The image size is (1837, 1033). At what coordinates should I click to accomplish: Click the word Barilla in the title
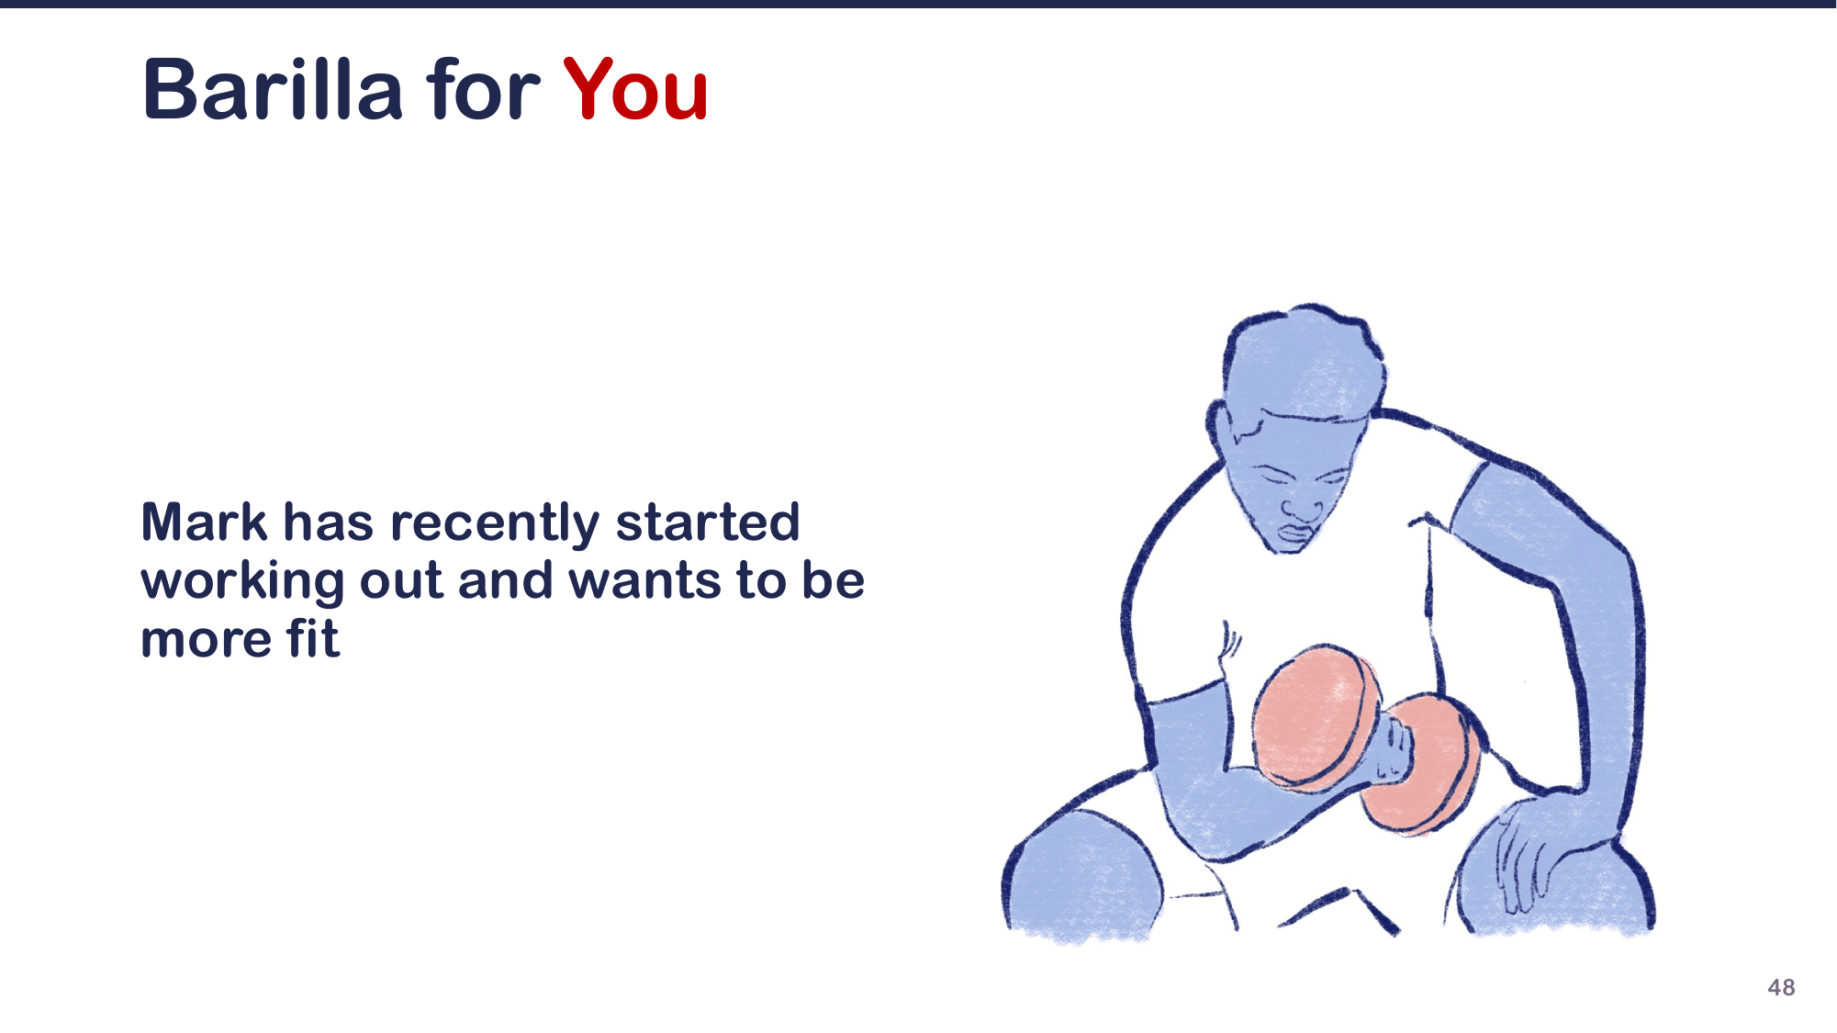click(x=273, y=90)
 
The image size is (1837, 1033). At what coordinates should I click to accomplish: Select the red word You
click(x=635, y=90)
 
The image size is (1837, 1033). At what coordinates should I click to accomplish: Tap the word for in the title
click(x=483, y=90)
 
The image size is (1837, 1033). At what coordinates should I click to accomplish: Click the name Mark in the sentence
click(x=204, y=522)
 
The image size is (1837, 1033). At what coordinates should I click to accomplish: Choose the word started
click(x=708, y=522)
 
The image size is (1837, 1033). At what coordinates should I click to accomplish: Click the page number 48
click(x=1781, y=987)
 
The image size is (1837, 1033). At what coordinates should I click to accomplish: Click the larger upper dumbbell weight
click(x=1316, y=719)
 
